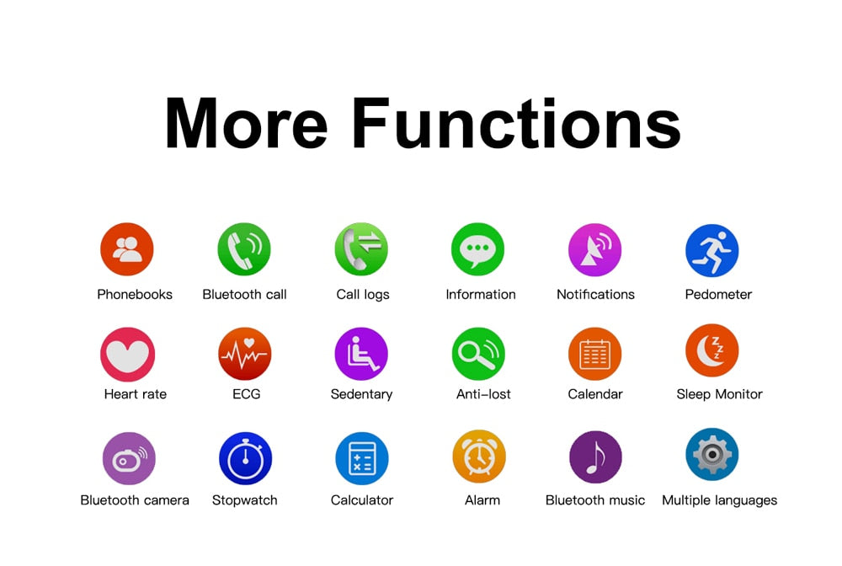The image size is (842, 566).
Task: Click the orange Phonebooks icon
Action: pyautogui.click(x=127, y=249)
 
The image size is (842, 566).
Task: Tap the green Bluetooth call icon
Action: pyautogui.click(x=244, y=249)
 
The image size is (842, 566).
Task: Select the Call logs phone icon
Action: pyautogui.click(x=361, y=249)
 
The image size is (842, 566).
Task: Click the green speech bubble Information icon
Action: pyautogui.click(x=478, y=249)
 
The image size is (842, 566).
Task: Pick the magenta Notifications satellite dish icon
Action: pyautogui.click(x=595, y=249)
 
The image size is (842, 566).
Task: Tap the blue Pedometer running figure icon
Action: pyautogui.click(x=712, y=250)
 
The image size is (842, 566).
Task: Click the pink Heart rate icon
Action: pyautogui.click(x=128, y=355)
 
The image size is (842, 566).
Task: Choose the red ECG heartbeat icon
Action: pyautogui.click(x=245, y=354)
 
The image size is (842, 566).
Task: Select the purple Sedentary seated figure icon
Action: pyautogui.click(x=361, y=354)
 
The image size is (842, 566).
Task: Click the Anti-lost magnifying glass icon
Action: pyautogui.click(x=478, y=354)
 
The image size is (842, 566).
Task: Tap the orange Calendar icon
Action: pyautogui.click(x=595, y=354)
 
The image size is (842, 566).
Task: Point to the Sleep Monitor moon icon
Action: pyautogui.click(x=712, y=350)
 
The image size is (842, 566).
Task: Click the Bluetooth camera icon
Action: pyautogui.click(x=129, y=458)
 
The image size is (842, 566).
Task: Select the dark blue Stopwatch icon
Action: pyautogui.click(x=245, y=458)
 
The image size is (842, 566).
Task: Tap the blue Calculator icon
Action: pyautogui.click(x=362, y=458)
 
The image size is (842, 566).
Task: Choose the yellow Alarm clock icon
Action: pyautogui.click(x=479, y=457)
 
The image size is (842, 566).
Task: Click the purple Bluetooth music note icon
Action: pyautogui.click(x=595, y=457)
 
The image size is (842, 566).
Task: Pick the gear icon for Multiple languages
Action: pyautogui.click(x=712, y=454)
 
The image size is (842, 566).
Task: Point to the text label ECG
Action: pyautogui.click(x=247, y=394)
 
